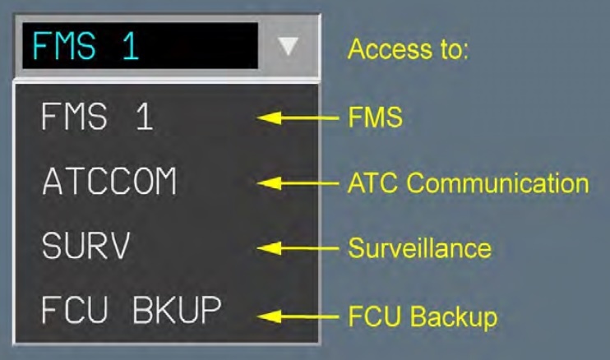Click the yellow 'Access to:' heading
coord(408,50)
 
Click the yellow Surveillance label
coord(418,247)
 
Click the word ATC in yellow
coord(368,182)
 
